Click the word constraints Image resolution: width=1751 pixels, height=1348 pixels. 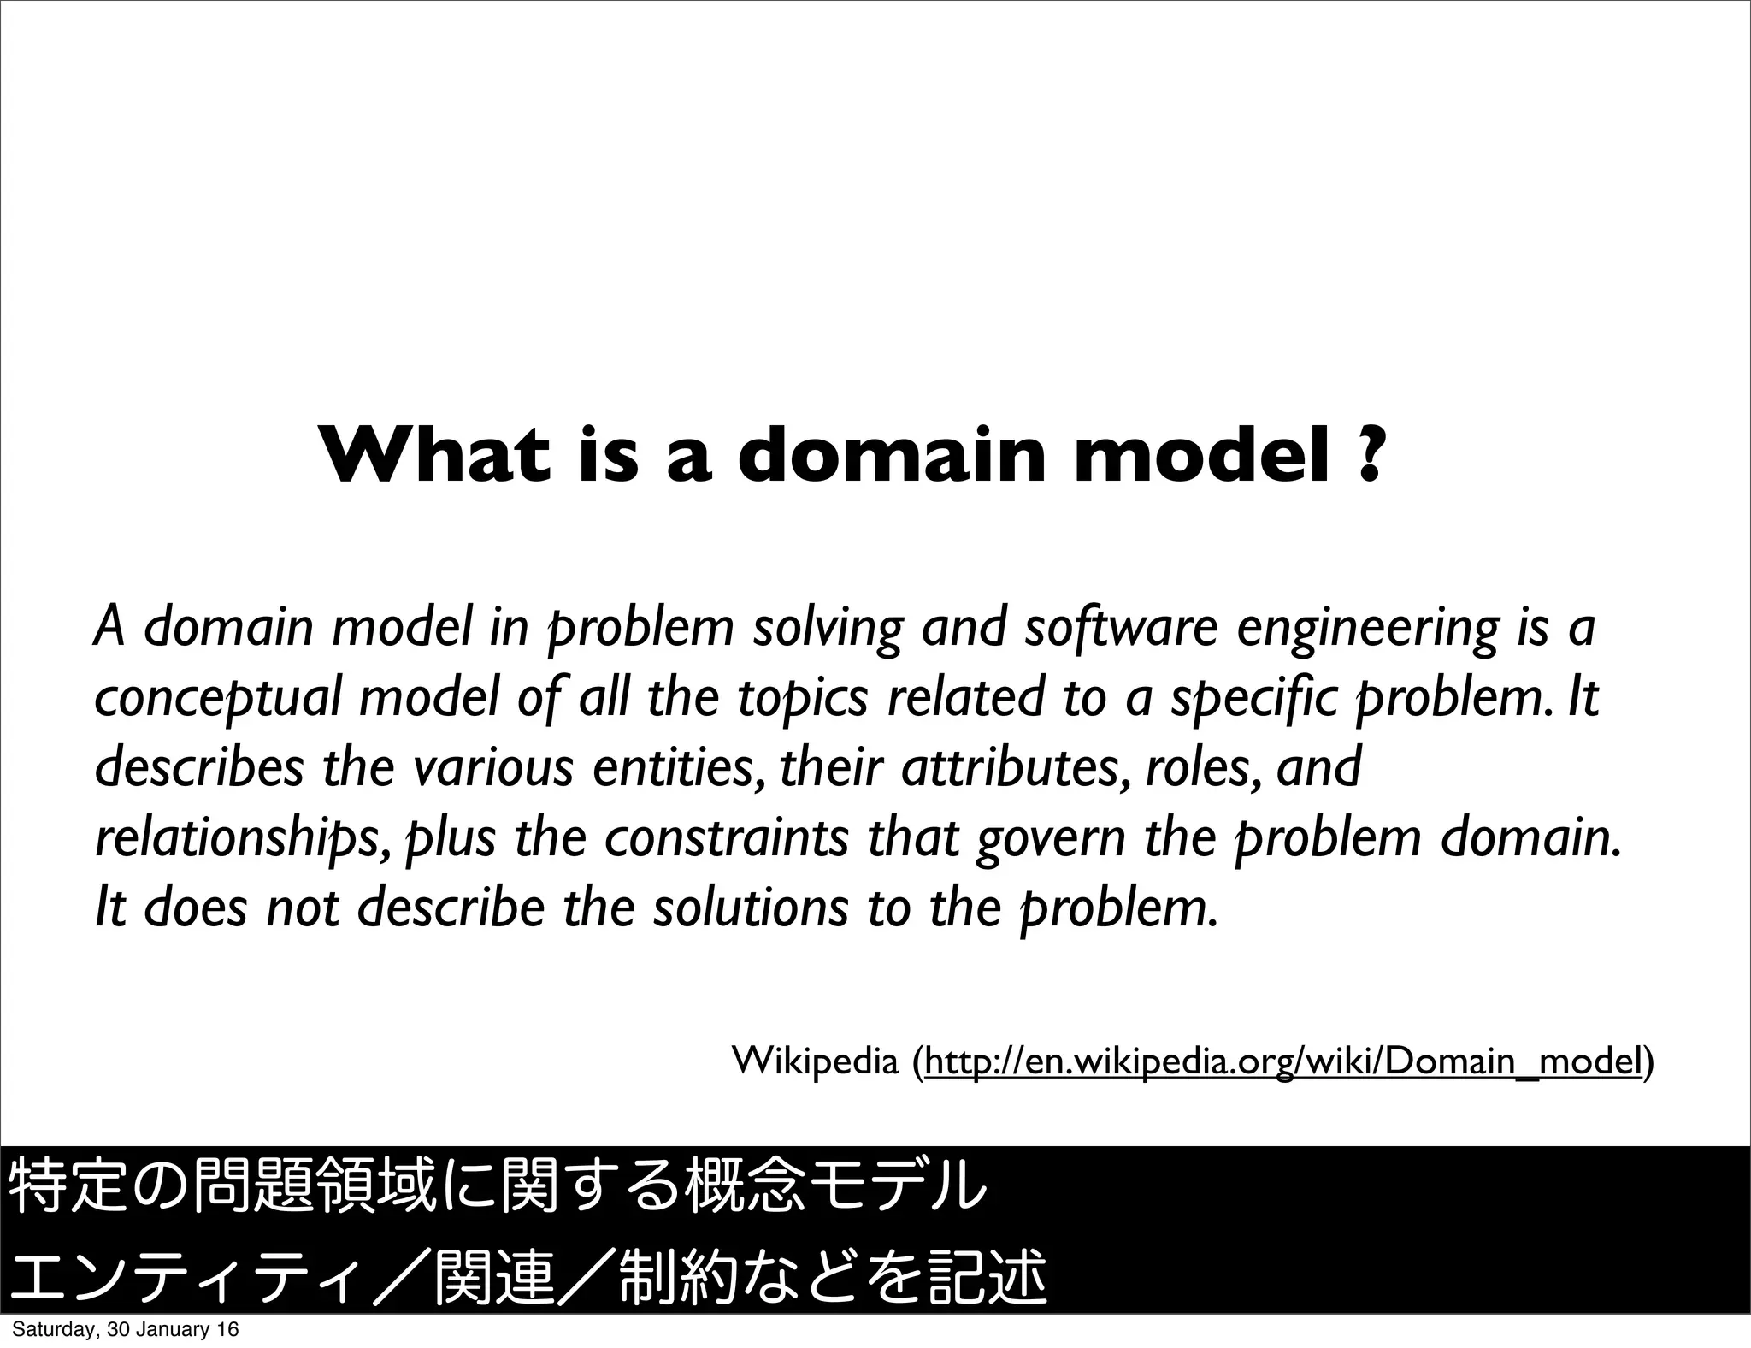(x=726, y=837)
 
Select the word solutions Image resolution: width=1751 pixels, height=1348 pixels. (x=750, y=908)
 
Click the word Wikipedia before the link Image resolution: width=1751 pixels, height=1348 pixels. (x=815, y=1061)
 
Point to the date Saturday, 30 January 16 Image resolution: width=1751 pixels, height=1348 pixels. (x=125, y=1330)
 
